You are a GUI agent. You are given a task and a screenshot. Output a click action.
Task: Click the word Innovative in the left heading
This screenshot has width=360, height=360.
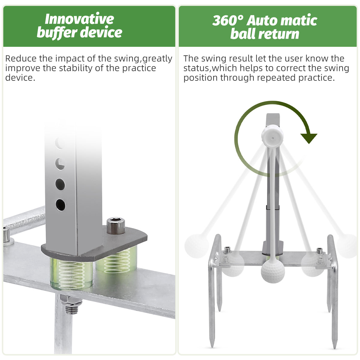pos(79,19)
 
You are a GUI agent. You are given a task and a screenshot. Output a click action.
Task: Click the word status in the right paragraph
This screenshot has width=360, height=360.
pos(196,68)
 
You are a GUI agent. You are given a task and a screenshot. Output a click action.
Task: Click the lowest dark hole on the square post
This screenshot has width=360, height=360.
pos(60,205)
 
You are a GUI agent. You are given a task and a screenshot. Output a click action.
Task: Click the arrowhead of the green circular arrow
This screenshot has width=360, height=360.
pos(309,138)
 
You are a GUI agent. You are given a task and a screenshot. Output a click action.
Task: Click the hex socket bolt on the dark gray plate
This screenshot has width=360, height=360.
pos(116,226)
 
